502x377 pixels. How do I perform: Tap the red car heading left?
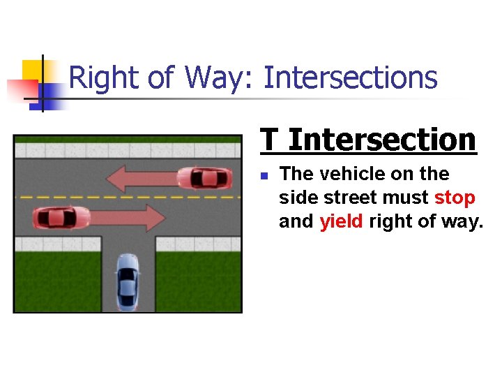tap(205, 178)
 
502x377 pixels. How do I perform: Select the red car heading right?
tap(61, 219)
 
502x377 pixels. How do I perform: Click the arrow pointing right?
tap(125, 219)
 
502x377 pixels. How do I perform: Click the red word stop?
tap(455, 198)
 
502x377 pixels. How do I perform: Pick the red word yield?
tap(342, 222)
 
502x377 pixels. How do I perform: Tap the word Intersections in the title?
tap(351, 77)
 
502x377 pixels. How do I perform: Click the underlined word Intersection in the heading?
tap(382, 140)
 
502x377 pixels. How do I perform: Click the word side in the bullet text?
tap(298, 198)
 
